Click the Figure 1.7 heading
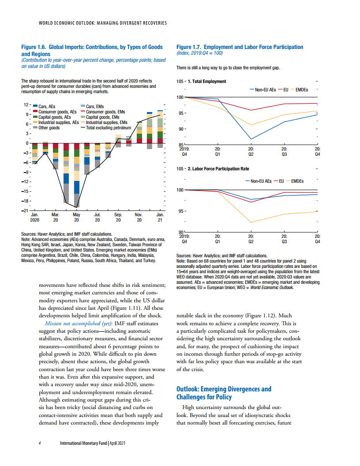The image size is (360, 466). tap(240, 47)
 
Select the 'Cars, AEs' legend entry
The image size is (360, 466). tap(46, 106)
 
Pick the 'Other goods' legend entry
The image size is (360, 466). tap(49, 128)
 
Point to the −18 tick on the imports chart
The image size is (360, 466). tap(25, 201)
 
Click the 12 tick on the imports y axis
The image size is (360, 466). tap(26, 105)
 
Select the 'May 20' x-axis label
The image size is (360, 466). tap(76, 216)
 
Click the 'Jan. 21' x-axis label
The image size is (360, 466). tap(160, 216)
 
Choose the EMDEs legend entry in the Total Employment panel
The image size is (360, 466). tap(301, 90)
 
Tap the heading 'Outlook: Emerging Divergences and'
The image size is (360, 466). tap(224, 389)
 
